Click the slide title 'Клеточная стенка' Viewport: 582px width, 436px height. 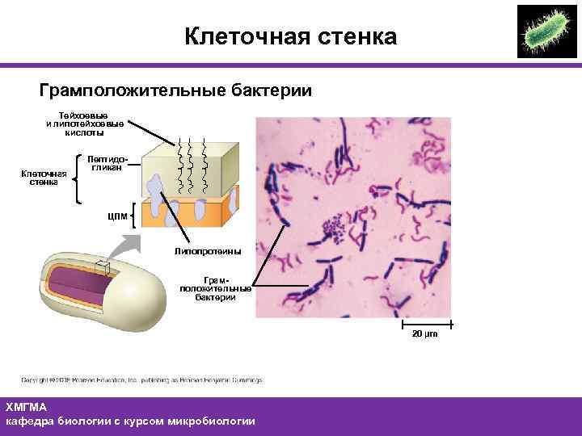click(x=290, y=36)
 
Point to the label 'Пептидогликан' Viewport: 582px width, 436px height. click(x=106, y=164)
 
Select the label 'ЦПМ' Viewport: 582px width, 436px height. click(x=116, y=216)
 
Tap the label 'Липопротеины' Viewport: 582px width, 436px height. click(x=207, y=252)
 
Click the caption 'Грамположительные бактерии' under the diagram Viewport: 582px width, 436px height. click(x=215, y=287)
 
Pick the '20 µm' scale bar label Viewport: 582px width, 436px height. click(x=424, y=333)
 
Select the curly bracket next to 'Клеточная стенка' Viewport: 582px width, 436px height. click(x=78, y=178)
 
